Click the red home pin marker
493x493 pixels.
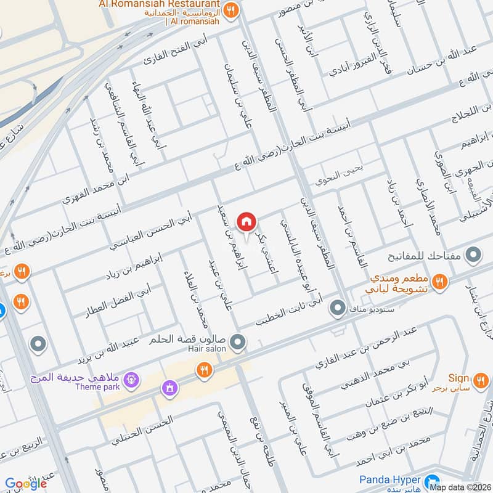[246, 221]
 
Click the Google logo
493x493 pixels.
[26, 484]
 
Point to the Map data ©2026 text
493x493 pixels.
[460, 487]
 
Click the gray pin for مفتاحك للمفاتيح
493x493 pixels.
[473, 254]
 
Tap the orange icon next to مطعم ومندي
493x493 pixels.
[439, 282]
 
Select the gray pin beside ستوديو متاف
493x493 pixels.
[337, 307]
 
